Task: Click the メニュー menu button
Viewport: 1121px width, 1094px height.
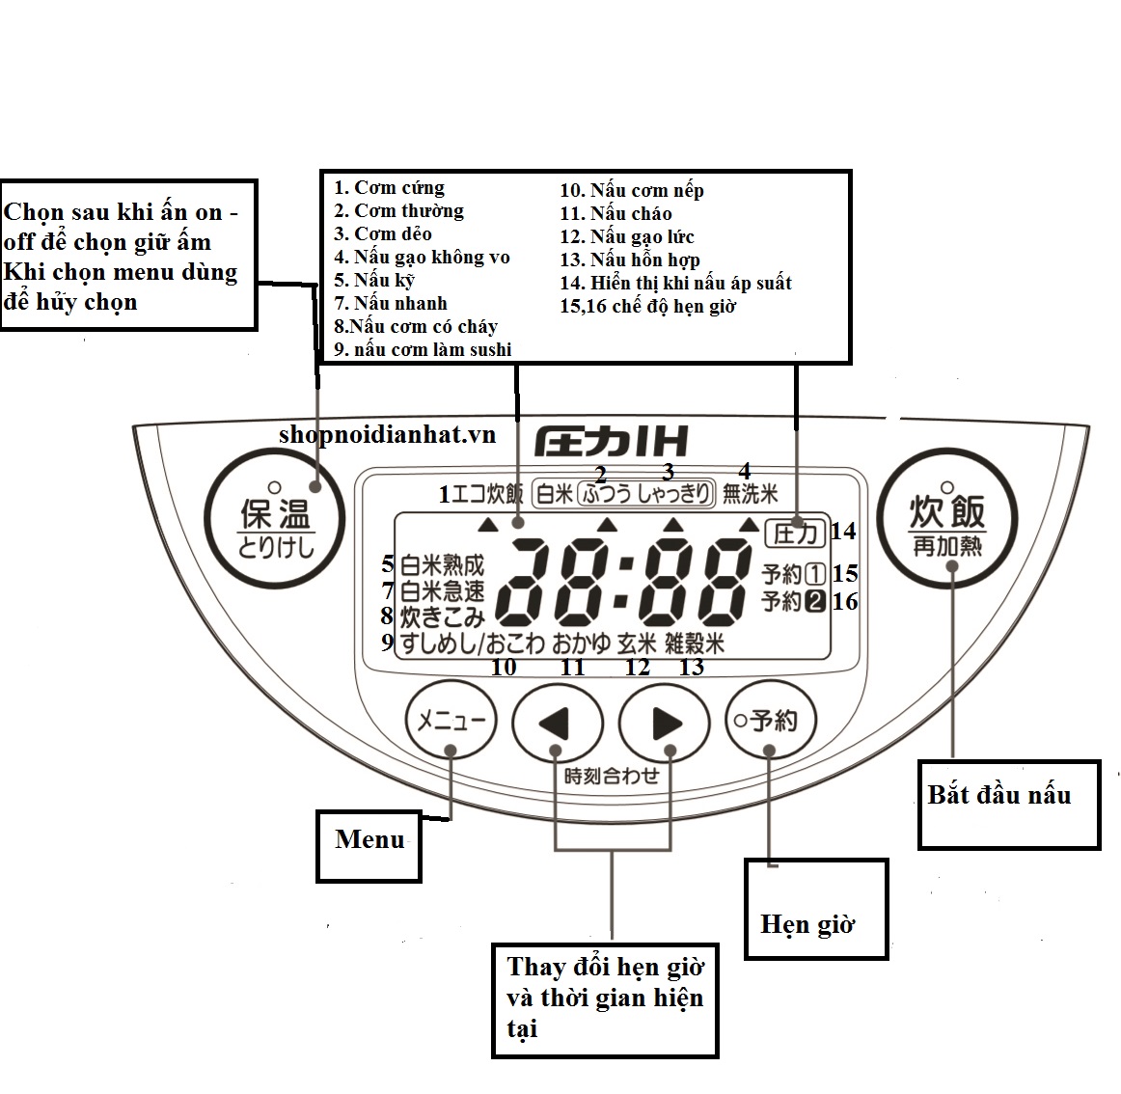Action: tap(450, 721)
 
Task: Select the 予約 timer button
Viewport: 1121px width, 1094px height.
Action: tap(770, 721)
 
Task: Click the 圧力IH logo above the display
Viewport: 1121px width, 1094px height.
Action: tap(611, 442)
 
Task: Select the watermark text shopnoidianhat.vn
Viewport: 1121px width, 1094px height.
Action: tap(387, 434)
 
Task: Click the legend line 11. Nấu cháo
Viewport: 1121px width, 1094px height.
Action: tap(615, 213)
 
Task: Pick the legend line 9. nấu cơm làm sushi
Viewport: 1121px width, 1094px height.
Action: tap(423, 349)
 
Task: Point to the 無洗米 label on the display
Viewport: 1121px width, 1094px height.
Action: tap(750, 494)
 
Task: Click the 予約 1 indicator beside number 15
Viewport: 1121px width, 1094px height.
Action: tap(794, 574)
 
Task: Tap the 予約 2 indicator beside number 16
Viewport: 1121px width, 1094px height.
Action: tap(794, 601)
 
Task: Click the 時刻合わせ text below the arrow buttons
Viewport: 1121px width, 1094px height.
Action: tap(611, 776)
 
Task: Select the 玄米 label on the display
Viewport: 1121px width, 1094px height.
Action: tap(637, 643)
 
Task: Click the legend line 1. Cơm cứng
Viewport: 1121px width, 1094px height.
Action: tap(389, 188)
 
